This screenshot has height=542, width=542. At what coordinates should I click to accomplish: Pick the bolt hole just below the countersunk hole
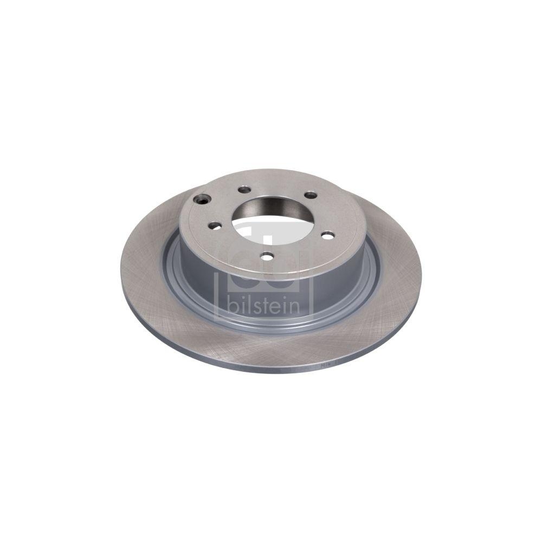coord(216,224)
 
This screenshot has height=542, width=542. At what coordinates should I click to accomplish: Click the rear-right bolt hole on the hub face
coord(311,195)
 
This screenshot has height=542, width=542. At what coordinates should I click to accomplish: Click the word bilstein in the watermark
coord(265,305)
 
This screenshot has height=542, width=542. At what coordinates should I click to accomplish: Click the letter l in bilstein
coord(244,304)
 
